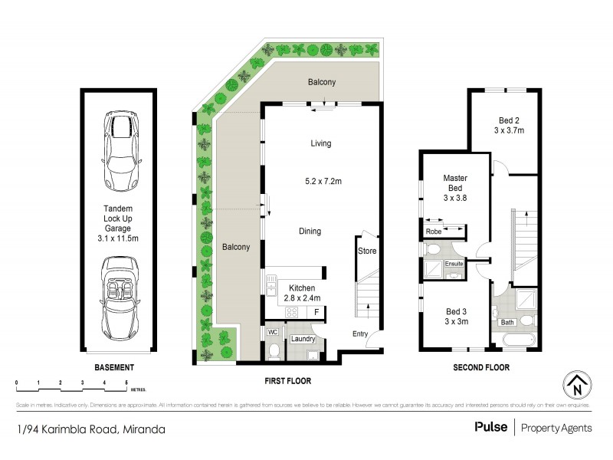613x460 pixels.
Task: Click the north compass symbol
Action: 579,383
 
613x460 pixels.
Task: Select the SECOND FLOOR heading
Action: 480,367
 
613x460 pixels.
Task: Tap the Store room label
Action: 366,249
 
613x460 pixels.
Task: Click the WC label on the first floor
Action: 271,333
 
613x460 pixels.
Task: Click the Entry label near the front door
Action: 361,333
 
